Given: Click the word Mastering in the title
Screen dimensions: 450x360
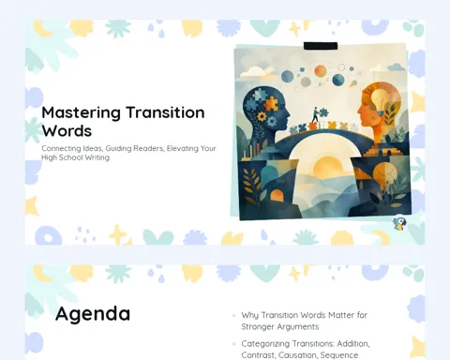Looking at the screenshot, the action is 81,113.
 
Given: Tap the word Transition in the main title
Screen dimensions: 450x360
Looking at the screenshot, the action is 165,112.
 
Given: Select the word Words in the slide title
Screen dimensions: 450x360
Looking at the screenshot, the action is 67,130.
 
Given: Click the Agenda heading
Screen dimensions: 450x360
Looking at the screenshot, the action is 93,314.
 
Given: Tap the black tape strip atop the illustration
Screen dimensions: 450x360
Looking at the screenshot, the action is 321,46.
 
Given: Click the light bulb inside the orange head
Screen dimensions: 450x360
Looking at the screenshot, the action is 379,99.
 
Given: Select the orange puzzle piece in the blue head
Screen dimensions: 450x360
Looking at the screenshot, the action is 271,103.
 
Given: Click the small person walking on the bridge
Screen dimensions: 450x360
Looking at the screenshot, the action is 315,115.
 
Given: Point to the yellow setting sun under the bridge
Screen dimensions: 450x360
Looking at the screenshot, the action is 325,166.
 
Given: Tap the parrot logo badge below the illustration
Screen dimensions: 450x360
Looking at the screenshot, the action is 399,223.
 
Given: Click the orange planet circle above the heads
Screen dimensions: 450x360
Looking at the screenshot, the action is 321,71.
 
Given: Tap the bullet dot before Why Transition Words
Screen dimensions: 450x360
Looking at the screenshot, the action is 234,316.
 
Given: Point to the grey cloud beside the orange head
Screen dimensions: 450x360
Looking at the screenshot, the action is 396,67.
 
